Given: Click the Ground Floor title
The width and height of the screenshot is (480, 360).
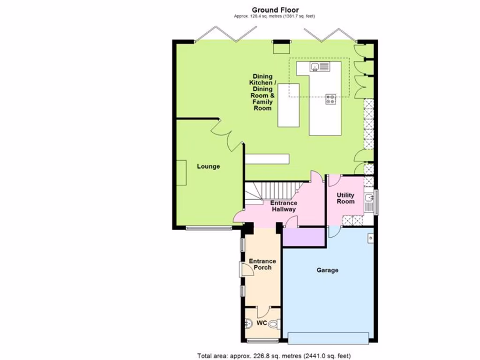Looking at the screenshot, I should coord(275,10).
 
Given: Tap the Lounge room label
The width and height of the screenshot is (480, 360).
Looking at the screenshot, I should coord(208,166).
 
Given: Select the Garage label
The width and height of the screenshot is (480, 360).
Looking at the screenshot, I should coord(327,270).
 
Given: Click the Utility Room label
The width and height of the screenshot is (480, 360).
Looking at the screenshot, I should coord(345,198).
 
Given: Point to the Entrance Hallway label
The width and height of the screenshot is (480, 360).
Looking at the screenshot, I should coord(284,206).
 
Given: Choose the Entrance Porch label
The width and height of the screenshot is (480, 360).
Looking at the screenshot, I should coord(262,264).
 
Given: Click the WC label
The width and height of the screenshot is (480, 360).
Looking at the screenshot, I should coord(262,323).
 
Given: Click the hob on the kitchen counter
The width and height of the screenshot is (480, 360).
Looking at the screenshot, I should coord(331,99).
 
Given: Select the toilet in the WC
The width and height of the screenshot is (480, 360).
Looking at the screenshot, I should coord(277,323).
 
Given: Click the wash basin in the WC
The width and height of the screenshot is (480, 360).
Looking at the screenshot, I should coord(248,323).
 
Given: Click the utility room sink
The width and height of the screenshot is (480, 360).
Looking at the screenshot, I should coord(369,197).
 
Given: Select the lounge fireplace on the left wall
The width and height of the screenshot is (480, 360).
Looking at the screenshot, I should coord(181,172).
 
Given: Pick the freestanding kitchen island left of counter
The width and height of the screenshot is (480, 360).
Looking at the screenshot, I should coord(288,105).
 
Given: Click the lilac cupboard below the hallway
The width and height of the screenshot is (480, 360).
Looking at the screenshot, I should coord(304,237).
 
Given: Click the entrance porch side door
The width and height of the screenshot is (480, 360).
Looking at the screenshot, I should coord(241,269).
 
